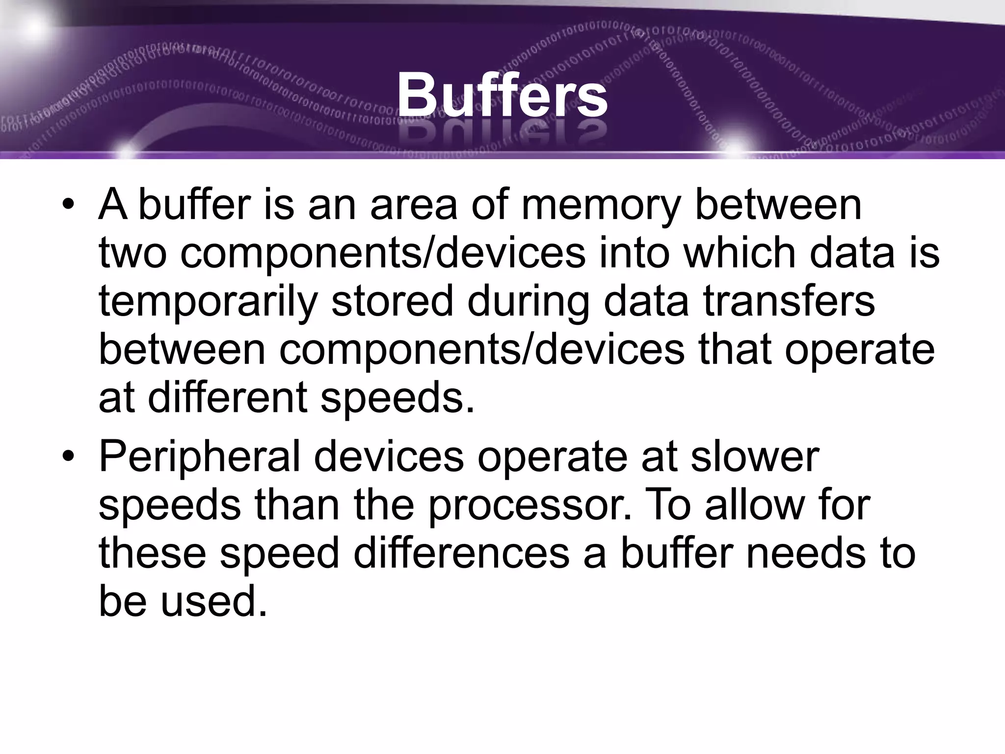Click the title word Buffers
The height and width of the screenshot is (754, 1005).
coord(502,95)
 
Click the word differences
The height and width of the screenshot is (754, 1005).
coord(461,553)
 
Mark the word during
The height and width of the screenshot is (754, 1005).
coord(528,301)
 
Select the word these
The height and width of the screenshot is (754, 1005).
coord(152,553)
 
